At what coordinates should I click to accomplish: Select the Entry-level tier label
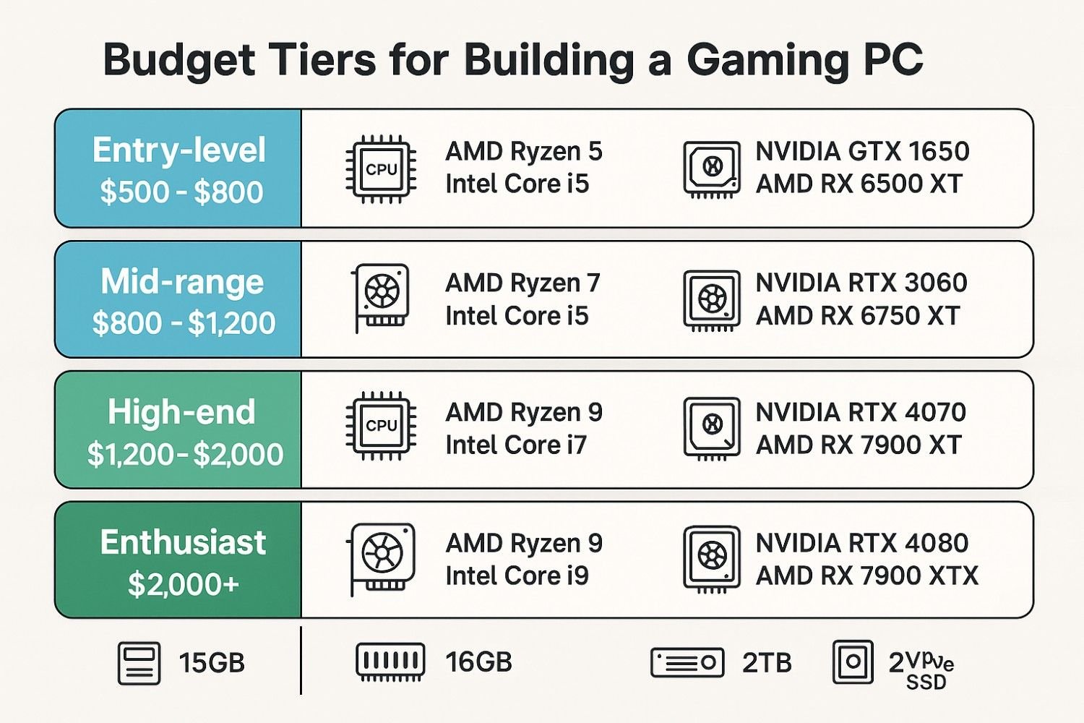179,150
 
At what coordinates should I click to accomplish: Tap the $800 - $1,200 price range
184,323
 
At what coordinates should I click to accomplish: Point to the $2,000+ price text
184,584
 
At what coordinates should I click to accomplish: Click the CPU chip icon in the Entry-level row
381,169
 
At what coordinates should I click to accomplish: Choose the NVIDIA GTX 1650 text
862,152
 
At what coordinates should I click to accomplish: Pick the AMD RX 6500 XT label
859,184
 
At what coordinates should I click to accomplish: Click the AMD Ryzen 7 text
522,283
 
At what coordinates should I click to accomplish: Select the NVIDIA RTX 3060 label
861,283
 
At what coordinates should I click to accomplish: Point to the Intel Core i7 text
516,445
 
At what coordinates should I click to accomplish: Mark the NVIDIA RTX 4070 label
861,413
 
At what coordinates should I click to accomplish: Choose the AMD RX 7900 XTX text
866,576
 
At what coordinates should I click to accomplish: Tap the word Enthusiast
184,543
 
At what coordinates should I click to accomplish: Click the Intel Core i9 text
517,576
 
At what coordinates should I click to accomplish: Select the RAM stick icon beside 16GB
390,662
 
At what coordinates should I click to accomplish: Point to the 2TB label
767,663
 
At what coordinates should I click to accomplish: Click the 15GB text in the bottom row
212,663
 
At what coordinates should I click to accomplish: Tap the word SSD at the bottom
926,683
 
